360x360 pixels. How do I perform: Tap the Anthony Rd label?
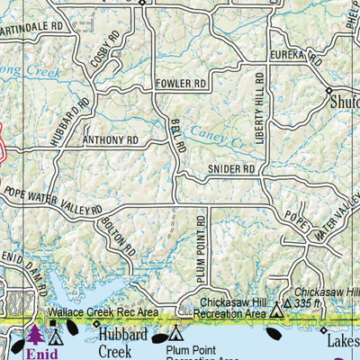pyautogui.click(x=110, y=141)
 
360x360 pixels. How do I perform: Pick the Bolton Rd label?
pyautogui.click(x=118, y=236)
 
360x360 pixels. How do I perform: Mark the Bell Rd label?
pyautogui.click(x=175, y=136)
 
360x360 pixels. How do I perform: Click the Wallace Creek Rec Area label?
pyautogui.click(x=103, y=312)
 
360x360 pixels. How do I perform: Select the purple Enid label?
pyautogui.click(x=40, y=354)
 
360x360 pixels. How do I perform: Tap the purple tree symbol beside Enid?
pyautogui.click(x=35, y=335)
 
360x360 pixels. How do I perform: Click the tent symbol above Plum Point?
pyautogui.click(x=175, y=330)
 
